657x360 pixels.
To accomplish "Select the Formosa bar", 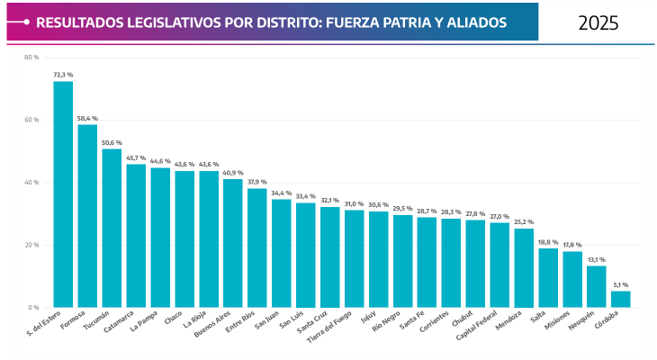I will coord(87,216).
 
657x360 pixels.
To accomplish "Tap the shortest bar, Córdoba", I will coord(621,299).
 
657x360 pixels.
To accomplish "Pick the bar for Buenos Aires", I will coord(233,243).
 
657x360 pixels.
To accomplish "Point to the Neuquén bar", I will coord(597,286).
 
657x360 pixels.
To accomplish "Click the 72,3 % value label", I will coord(63,75).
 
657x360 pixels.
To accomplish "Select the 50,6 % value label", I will coord(112,142).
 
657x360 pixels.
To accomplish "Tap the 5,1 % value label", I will coord(621,284).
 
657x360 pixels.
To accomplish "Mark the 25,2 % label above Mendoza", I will coord(524,221).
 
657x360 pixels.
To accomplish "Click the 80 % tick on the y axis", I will coord(31,58).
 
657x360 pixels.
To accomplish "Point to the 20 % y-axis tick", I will coord(31,245).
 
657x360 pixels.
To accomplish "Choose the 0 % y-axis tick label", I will coord(33,307).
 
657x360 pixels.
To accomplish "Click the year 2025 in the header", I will coord(598,22).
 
